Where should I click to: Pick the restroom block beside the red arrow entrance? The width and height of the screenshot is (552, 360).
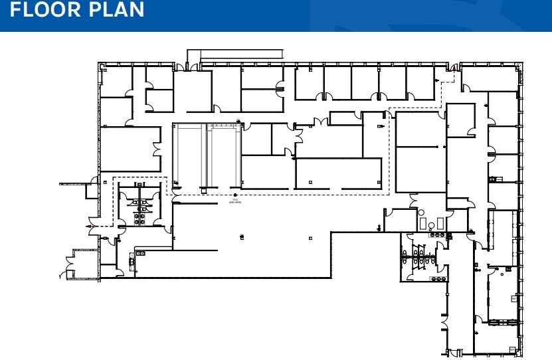[139, 203]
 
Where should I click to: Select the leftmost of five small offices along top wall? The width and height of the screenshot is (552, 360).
[309, 82]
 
